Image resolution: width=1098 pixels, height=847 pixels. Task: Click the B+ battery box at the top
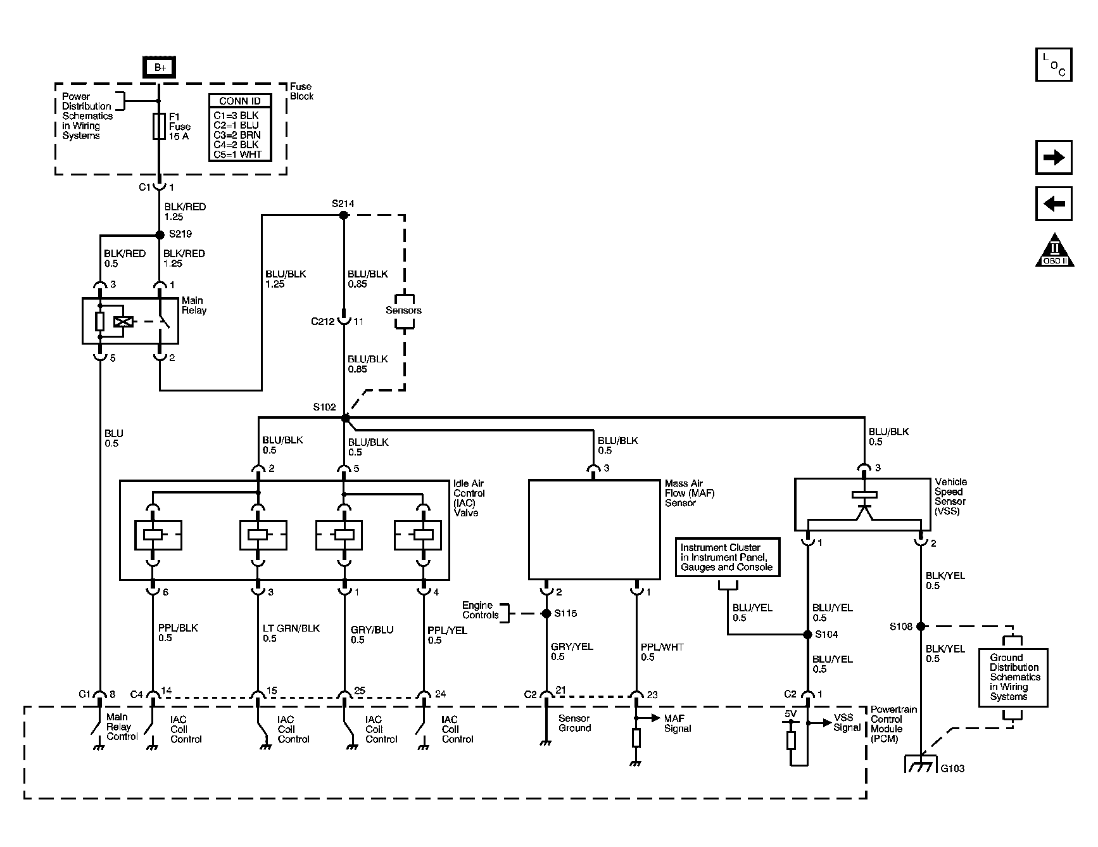[x=160, y=68]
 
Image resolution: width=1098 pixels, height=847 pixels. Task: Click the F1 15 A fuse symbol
[x=159, y=127]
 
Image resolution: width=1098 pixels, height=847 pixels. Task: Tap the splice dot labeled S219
[x=160, y=234]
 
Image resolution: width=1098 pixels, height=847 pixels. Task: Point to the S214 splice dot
[x=343, y=215]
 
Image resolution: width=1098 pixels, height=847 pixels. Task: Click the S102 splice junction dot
[x=345, y=419]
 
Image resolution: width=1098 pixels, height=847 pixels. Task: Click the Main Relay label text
[x=194, y=305]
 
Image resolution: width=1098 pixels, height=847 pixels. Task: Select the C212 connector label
[x=322, y=321]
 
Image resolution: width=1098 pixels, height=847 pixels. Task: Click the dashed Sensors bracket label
[x=403, y=310]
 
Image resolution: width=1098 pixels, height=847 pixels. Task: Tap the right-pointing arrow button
[x=1054, y=157]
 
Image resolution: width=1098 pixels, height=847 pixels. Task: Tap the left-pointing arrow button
[x=1054, y=203]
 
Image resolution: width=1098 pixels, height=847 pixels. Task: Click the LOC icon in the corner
[x=1054, y=65]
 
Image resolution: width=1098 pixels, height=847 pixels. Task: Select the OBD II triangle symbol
[x=1055, y=251]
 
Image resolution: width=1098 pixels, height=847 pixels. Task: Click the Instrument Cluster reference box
[x=727, y=557]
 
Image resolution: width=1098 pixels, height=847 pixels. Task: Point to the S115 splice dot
[x=546, y=613]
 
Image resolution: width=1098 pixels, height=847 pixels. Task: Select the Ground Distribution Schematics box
[x=1013, y=677]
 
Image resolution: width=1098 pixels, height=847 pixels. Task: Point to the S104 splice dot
[x=807, y=634]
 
